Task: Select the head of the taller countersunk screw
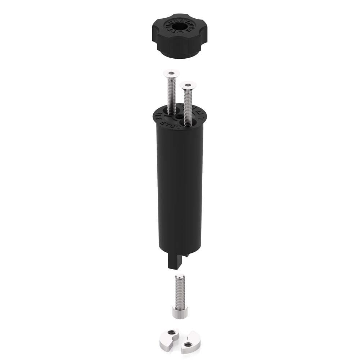tap(171, 73)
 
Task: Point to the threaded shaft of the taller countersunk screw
tap(172, 94)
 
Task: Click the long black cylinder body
tap(179, 187)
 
